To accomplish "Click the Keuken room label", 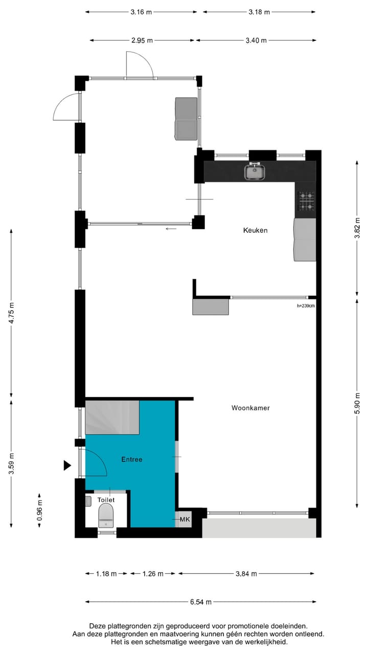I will click(255, 230).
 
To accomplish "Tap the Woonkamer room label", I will click(250, 408).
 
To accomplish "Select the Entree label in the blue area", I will click(132, 460).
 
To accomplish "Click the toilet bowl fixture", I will click(106, 514).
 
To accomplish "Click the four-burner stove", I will click(307, 201).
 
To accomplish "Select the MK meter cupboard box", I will click(185, 519).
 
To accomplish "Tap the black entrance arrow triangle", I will click(66, 465).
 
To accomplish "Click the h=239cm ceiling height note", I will click(306, 307).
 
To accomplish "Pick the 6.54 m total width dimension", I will click(200, 602).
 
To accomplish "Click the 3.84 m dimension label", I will click(246, 574).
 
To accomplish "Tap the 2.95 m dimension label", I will click(142, 40).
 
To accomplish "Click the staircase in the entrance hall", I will click(112, 417).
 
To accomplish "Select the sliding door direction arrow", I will click(171, 229).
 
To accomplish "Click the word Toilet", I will click(106, 499).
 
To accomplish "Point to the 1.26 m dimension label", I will click(152, 574).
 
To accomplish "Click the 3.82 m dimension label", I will click(358, 228).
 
